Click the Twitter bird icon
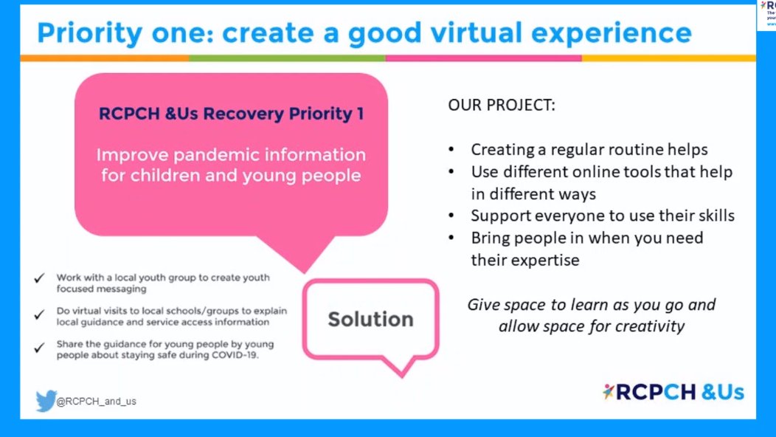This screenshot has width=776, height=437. [46, 401]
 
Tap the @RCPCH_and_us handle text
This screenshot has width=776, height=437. [97, 402]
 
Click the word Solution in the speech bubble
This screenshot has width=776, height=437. [370, 319]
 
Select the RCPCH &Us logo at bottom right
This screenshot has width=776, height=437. [673, 392]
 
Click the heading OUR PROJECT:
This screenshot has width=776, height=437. [502, 106]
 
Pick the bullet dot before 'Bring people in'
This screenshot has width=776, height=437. [451, 238]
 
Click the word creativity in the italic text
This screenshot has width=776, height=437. [648, 326]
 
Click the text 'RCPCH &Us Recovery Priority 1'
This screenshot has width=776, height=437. [231, 114]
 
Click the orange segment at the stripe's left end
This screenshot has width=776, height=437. [104, 58]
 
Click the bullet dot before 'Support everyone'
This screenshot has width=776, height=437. [451, 216]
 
